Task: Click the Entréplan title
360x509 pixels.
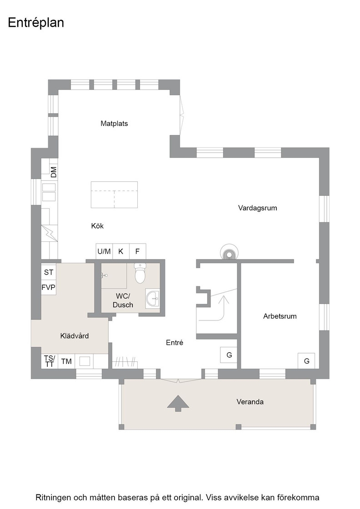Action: (x=36, y=23)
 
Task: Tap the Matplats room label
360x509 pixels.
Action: (x=114, y=123)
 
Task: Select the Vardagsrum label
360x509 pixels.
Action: (x=257, y=208)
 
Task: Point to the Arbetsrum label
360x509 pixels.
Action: (x=280, y=316)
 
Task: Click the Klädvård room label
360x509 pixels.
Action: (x=75, y=336)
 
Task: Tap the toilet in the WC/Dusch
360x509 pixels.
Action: (x=140, y=273)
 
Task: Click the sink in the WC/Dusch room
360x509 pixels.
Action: (x=153, y=298)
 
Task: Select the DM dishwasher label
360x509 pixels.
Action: (x=54, y=172)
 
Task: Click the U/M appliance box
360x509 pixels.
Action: (x=104, y=251)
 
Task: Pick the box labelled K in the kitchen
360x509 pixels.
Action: (x=121, y=251)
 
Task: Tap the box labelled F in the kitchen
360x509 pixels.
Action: (x=138, y=251)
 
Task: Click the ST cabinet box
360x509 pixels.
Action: (x=49, y=272)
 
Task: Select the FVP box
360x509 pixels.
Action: (x=49, y=287)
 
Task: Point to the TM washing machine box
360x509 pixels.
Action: (x=66, y=361)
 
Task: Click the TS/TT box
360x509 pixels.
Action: (x=50, y=361)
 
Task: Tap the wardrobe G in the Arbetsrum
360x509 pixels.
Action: (x=306, y=361)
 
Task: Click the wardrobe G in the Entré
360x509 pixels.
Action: (x=229, y=355)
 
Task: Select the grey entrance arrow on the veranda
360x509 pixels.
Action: (x=178, y=403)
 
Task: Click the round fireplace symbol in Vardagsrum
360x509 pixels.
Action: (x=229, y=252)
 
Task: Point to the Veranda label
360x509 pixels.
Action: (x=250, y=402)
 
